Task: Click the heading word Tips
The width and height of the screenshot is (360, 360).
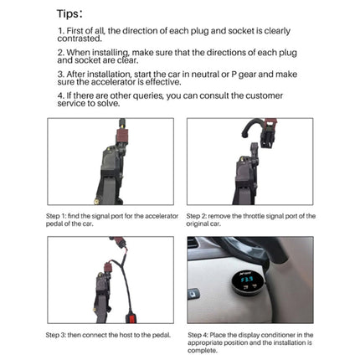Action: pos(69,13)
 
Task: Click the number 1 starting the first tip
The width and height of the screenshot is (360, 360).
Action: pos(60,31)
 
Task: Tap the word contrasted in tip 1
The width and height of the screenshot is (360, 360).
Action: pos(80,39)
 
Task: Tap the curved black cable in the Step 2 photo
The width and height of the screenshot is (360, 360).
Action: pos(251,131)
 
